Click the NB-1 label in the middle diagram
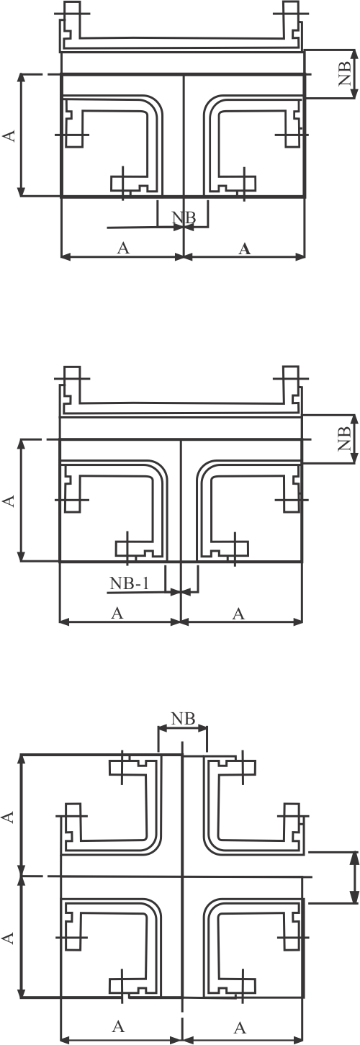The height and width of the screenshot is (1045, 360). click(x=130, y=583)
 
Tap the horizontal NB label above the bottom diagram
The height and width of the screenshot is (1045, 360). click(x=183, y=719)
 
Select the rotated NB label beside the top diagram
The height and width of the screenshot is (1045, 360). click(x=345, y=73)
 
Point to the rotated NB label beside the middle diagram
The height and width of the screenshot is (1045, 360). click(x=345, y=438)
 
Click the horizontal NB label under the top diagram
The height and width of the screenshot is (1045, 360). click(x=184, y=217)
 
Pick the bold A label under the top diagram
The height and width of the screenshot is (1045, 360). click(x=244, y=249)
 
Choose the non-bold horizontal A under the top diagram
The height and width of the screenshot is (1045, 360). click(x=123, y=248)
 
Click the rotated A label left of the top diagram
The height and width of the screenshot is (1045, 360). click(x=9, y=135)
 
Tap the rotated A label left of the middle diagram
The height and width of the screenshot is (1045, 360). click(x=9, y=501)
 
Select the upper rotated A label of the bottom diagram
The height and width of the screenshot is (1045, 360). click(x=9, y=817)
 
